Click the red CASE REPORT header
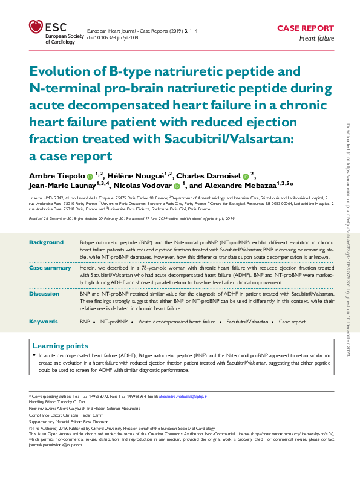(305, 28)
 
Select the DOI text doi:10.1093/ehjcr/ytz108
(113, 37)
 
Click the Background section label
(46, 242)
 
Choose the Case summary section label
(50, 267)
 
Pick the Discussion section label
(45, 293)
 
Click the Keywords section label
(44, 322)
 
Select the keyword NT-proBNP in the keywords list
(114, 323)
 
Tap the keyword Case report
(292, 323)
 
